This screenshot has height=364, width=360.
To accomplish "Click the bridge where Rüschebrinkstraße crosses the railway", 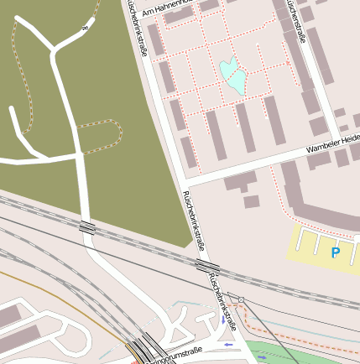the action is tap(206, 266).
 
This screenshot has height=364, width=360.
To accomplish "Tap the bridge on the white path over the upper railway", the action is tap(87, 226).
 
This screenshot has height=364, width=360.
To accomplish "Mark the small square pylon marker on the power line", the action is tap(241, 299).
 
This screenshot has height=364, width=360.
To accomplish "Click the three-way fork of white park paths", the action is tap(55, 52).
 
